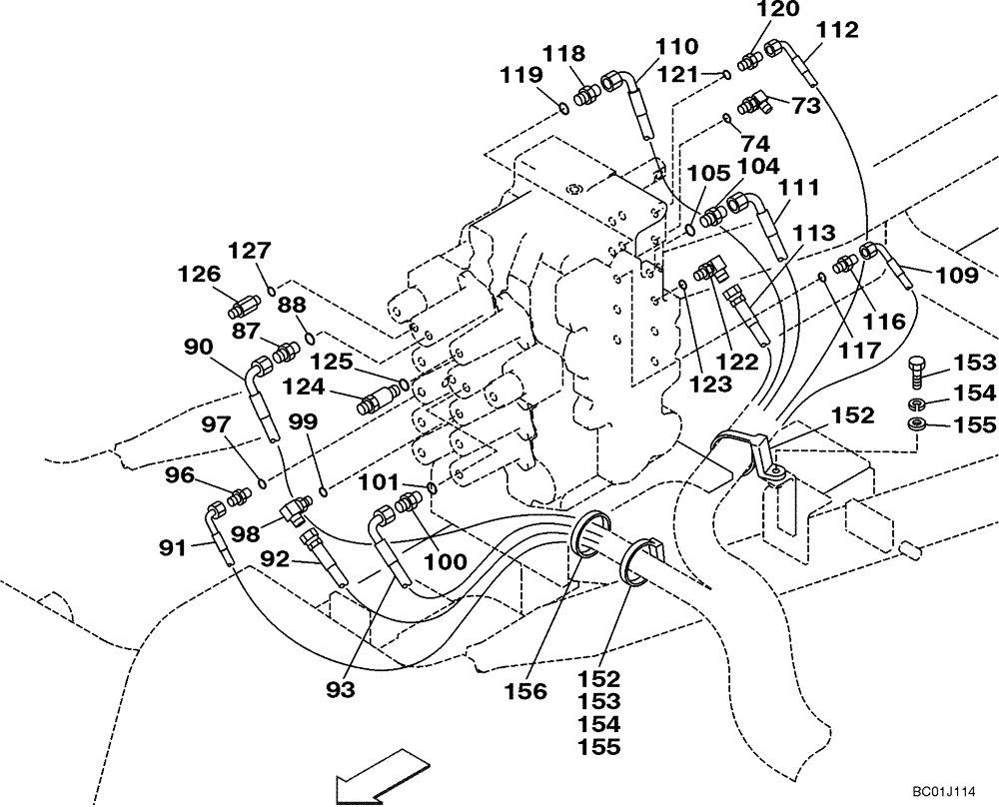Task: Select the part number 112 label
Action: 837,31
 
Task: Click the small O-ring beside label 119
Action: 565,108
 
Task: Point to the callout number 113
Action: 814,235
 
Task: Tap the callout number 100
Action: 445,562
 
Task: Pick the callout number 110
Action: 677,47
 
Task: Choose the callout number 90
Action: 206,347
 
